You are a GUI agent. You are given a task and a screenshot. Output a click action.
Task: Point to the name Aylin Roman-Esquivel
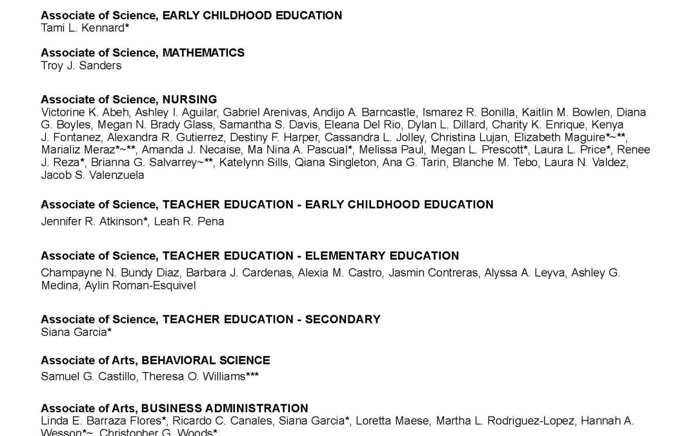click(140, 285)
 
